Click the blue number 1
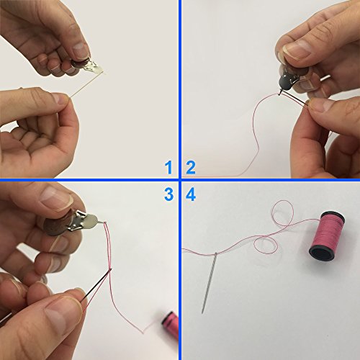[x=169, y=168]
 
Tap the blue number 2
[x=191, y=168]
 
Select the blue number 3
[x=169, y=194]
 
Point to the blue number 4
[x=191, y=194]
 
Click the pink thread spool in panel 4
[x=327, y=235]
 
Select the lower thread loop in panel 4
[x=266, y=244]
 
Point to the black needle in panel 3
[x=96, y=285]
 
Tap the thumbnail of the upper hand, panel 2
[x=297, y=50]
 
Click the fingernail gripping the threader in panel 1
[x=81, y=51]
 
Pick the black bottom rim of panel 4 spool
[x=322, y=253]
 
